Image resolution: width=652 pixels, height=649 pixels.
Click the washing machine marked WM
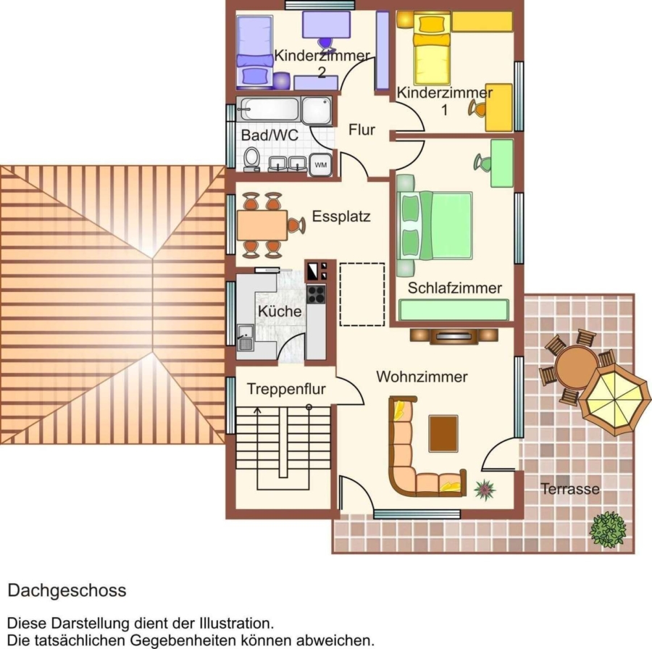click(x=320, y=164)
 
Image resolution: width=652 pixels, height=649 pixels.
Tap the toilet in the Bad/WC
click(x=251, y=159)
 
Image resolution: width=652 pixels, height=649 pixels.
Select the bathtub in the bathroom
click(x=268, y=109)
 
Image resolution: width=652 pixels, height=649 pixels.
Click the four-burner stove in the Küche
click(x=316, y=294)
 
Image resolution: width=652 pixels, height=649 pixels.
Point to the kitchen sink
click(x=245, y=338)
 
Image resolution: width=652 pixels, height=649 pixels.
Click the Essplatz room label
click(x=341, y=217)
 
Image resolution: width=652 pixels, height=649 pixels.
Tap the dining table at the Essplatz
click(x=262, y=225)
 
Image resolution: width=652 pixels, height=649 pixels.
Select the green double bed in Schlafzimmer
click(x=435, y=225)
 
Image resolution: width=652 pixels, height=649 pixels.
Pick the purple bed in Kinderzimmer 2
click(x=254, y=52)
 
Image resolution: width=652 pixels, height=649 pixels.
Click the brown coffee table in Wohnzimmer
click(x=443, y=434)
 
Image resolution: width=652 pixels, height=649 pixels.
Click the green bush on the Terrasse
click(x=608, y=529)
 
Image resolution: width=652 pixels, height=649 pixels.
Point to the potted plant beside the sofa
click(x=485, y=490)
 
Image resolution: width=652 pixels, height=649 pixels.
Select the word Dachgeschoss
click(x=67, y=591)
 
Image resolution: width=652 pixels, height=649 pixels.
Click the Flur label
click(x=361, y=130)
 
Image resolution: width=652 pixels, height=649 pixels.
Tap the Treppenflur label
click(x=286, y=389)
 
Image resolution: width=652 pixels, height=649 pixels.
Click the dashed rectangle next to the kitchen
click(x=362, y=294)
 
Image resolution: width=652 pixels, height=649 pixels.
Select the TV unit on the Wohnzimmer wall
click(x=454, y=335)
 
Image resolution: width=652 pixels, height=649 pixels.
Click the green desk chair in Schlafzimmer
click(x=482, y=162)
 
